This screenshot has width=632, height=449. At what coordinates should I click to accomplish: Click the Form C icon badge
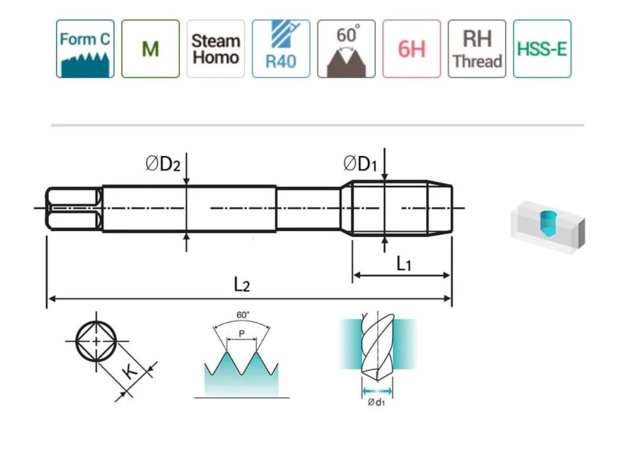point(85,49)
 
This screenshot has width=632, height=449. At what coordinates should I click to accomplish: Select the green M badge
point(150,49)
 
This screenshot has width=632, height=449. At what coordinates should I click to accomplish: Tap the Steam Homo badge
point(215,49)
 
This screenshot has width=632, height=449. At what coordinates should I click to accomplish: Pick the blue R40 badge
point(280,49)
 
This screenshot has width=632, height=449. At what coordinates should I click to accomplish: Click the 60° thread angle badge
point(346,49)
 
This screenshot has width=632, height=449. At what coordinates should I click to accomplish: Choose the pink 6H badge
point(411,49)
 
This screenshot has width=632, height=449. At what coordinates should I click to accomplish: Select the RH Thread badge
point(477,49)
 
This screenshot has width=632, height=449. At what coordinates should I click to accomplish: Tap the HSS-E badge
point(542,49)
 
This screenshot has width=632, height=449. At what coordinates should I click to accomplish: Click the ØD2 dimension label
point(163,164)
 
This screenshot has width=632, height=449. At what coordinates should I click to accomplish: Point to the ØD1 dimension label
point(360,164)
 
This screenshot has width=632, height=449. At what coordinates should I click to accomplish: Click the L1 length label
point(404,264)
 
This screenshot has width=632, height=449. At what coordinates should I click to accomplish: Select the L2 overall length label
point(242,284)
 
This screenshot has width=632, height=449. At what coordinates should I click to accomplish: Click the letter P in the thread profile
point(242,333)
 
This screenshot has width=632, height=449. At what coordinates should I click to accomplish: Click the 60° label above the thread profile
point(243,315)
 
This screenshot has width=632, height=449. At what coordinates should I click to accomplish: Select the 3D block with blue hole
point(548,225)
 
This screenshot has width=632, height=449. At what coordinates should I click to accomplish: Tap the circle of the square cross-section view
point(96,341)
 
